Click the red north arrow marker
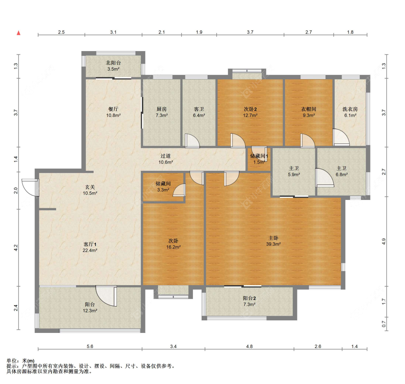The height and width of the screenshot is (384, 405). [19, 33]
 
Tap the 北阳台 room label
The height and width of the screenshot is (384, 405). [113, 63]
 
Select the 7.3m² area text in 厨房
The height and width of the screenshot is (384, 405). [162, 115]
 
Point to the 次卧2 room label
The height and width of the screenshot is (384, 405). [250, 109]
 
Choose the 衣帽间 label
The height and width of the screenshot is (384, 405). [309, 109]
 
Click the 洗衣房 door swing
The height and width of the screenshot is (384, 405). [341, 137]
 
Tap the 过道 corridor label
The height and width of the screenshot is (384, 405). [166, 156]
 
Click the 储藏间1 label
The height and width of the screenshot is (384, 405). [259, 156]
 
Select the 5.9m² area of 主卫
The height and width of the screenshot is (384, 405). [294, 175]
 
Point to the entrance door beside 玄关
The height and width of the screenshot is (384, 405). [30, 187]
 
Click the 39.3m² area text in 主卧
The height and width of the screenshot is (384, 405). [274, 244]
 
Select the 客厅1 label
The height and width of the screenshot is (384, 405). [90, 244]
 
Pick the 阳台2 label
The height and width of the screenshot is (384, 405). [249, 298]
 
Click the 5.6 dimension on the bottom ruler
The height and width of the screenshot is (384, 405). [90, 346]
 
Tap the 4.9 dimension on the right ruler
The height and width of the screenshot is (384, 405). [384, 242]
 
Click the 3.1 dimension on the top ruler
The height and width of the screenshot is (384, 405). [113, 32]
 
